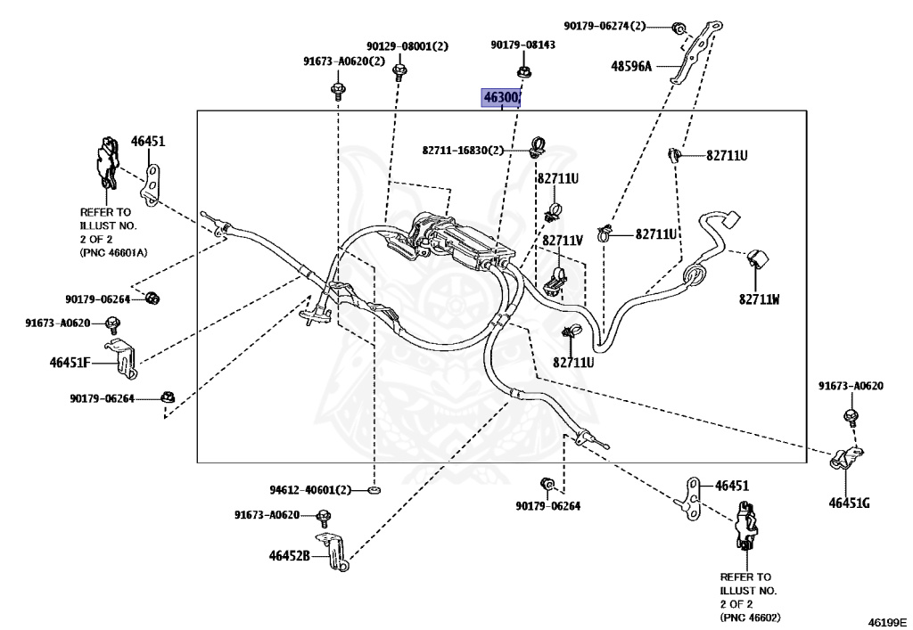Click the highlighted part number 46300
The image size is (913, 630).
(501, 97)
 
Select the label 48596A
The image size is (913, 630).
(632, 65)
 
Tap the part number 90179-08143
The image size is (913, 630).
(522, 45)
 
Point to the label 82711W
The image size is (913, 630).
(759, 299)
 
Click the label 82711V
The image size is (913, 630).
(563, 241)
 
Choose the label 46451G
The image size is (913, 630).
(848, 503)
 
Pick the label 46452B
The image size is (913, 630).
(289, 556)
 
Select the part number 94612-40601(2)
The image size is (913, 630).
(311, 490)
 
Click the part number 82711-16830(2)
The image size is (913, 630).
(464, 151)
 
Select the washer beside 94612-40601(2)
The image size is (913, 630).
(374, 490)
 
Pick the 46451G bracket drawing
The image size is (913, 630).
(843, 461)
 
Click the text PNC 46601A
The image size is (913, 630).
(113, 252)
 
